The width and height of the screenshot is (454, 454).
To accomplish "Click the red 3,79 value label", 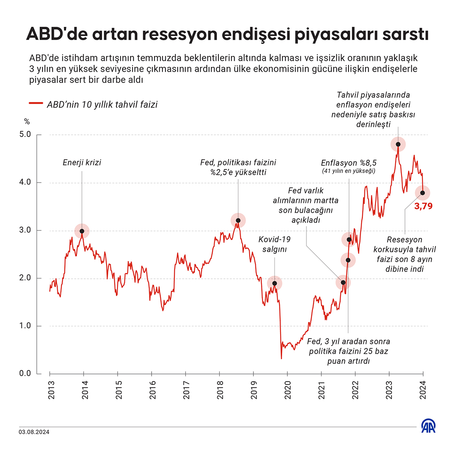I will (x=423, y=206).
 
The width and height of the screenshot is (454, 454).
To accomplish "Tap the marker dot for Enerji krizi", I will (x=82, y=231).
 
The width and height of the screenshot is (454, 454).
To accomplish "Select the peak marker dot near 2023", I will (x=398, y=144).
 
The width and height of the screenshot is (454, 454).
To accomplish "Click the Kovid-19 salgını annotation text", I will (x=274, y=244).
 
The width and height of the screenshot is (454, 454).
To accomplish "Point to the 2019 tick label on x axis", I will (x=254, y=390).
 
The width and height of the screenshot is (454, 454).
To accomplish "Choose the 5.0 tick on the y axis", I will (x=25, y=135).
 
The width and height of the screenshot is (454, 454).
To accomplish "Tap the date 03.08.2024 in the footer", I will (x=34, y=432).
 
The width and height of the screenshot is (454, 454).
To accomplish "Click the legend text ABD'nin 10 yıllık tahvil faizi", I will (x=102, y=105).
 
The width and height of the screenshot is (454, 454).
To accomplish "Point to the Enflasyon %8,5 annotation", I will (x=349, y=163).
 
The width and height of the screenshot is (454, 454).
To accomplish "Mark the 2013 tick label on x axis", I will (x=51, y=390).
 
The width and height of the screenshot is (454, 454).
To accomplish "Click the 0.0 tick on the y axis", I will (x=25, y=373).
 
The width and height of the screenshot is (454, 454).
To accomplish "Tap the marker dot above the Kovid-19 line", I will (x=274, y=283).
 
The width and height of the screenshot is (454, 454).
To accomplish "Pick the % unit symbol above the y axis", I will (x=27, y=122).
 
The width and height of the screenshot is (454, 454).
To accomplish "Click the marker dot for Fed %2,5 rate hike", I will (x=238, y=221).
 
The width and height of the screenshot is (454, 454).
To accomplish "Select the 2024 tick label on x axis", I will (x=423, y=390).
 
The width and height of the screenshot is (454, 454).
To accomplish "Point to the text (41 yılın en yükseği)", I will (x=349, y=171).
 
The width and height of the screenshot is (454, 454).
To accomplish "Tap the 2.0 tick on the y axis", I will (x=25, y=278).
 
